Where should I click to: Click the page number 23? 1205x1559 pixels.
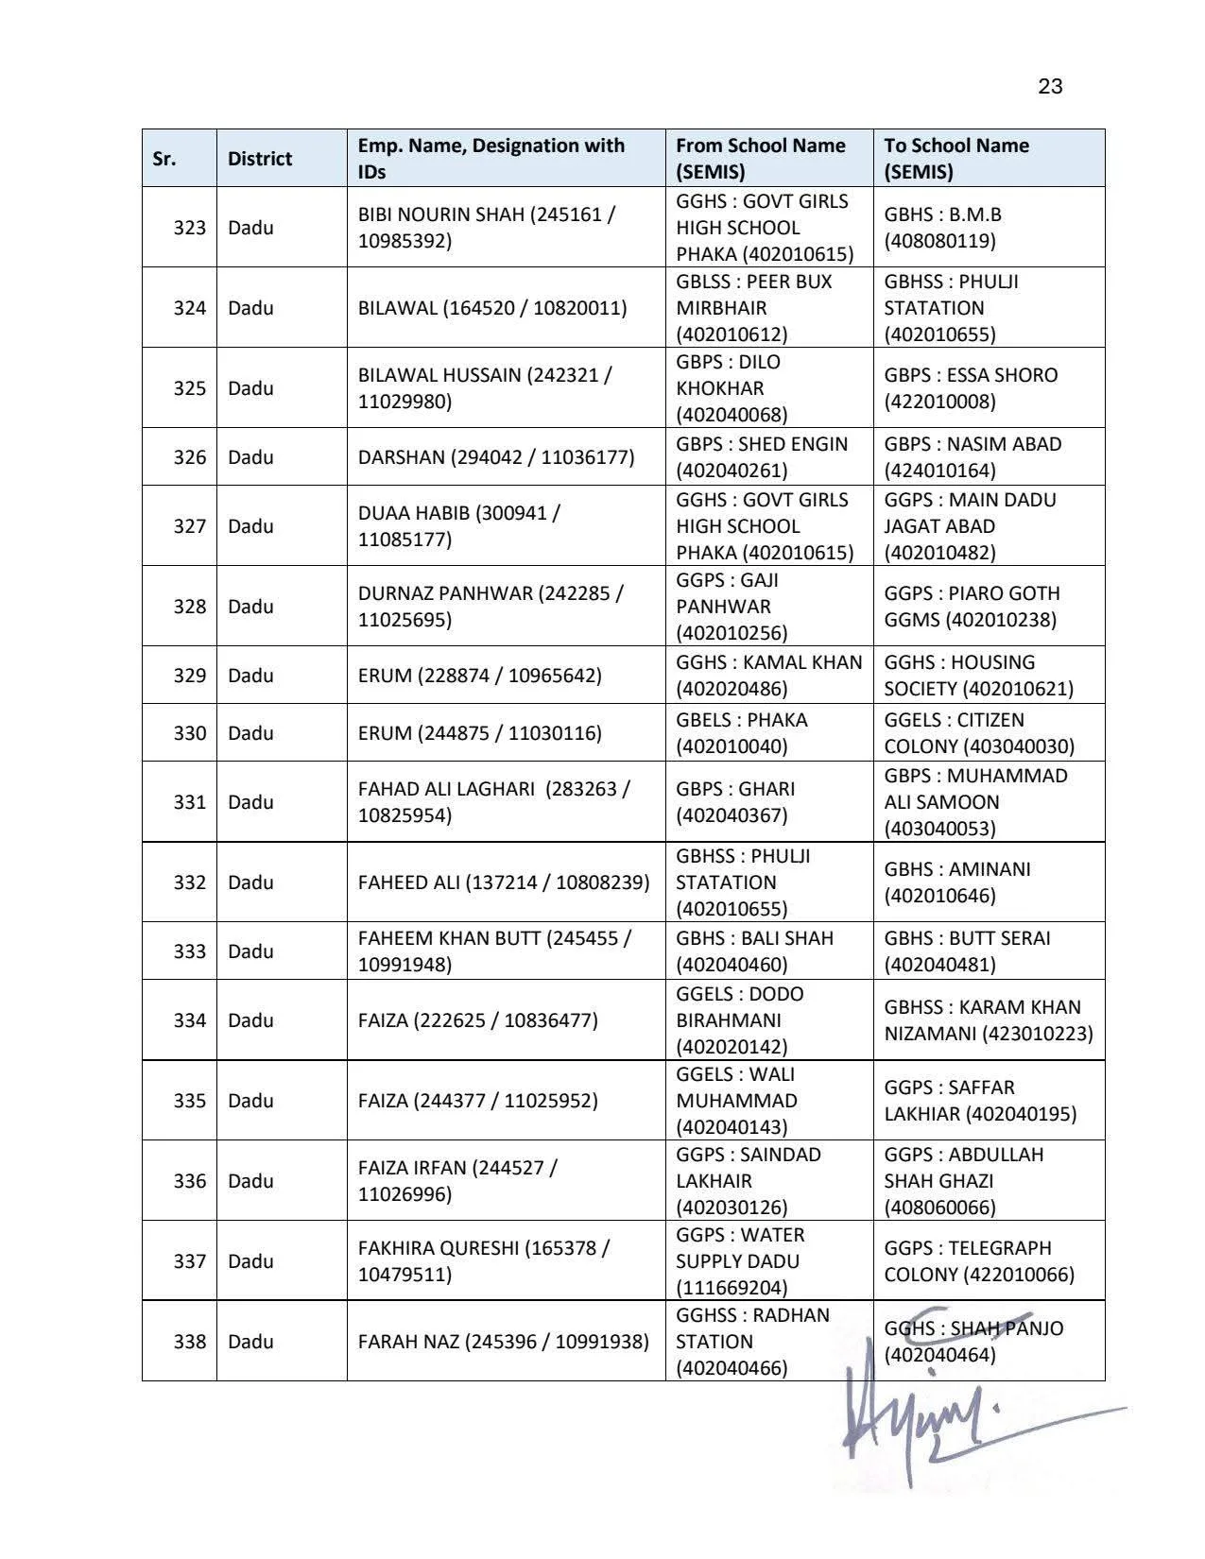pyautogui.click(x=1050, y=87)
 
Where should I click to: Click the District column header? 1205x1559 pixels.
pyautogui.click(x=259, y=159)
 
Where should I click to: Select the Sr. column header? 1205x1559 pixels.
pyautogui.click(x=164, y=159)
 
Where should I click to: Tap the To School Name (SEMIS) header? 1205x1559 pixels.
pyautogui.click(x=956, y=159)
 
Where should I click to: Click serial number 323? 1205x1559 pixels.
pyautogui.click(x=189, y=228)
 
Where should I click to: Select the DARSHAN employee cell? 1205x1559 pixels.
pyautogui.click(x=496, y=457)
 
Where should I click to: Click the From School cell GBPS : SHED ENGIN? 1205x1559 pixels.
pyautogui.click(x=762, y=457)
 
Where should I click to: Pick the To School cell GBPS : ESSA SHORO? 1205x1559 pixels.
pyautogui.click(x=971, y=388)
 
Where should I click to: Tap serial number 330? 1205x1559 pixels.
pyautogui.click(x=189, y=733)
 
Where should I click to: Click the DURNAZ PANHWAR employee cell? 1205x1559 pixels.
pyautogui.click(x=491, y=607)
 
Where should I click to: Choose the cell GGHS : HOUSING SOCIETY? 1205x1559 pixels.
pyautogui.click(x=978, y=676)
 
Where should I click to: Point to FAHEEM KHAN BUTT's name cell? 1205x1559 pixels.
pyautogui.click(x=494, y=951)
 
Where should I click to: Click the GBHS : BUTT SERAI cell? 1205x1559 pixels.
pyautogui.click(x=967, y=951)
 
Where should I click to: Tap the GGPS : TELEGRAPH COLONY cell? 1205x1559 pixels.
pyautogui.click(x=979, y=1261)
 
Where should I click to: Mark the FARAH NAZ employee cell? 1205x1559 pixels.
pyautogui.click(x=503, y=1342)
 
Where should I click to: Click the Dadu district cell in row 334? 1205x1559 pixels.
pyautogui.click(x=250, y=1020)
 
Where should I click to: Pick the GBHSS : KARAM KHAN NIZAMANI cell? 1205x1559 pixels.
pyautogui.click(x=988, y=1020)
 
